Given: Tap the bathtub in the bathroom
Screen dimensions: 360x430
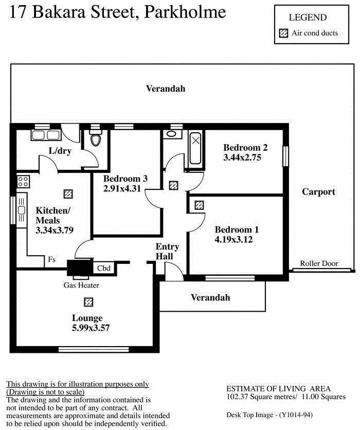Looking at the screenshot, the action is pyautogui.click(x=195, y=148).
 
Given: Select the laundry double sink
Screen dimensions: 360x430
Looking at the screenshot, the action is pyautogui.click(x=46, y=136).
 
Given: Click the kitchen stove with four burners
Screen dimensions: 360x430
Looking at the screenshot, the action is pyautogui.click(x=23, y=181).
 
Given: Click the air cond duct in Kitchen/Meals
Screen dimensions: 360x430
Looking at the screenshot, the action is pyautogui.click(x=67, y=193).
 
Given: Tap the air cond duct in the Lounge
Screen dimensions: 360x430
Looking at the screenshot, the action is pyautogui.click(x=88, y=301).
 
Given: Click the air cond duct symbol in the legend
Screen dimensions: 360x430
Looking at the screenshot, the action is pyautogui.click(x=283, y=33).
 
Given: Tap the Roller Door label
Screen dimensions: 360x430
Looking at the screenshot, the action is pyautogui.click(x=319, y=263).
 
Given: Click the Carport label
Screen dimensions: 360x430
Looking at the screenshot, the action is pyautogui.click(x=318, y=192).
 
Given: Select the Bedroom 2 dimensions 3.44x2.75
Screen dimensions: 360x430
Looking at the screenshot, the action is pyautogui.click(x=242, y=158).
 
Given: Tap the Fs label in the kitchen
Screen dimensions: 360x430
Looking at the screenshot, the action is pyautogui.click(x=52, y=260).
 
